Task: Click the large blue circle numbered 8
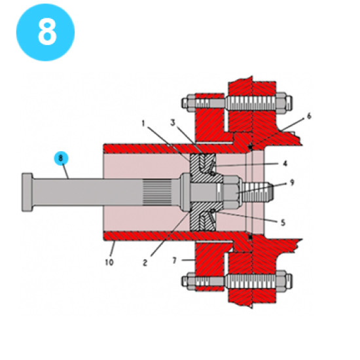(45, 32)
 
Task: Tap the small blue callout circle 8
(60, 158)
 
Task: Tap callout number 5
(283, 222)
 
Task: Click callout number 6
(308, 116)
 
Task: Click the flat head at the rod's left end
(27, 192)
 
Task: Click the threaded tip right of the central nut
(255, 191)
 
